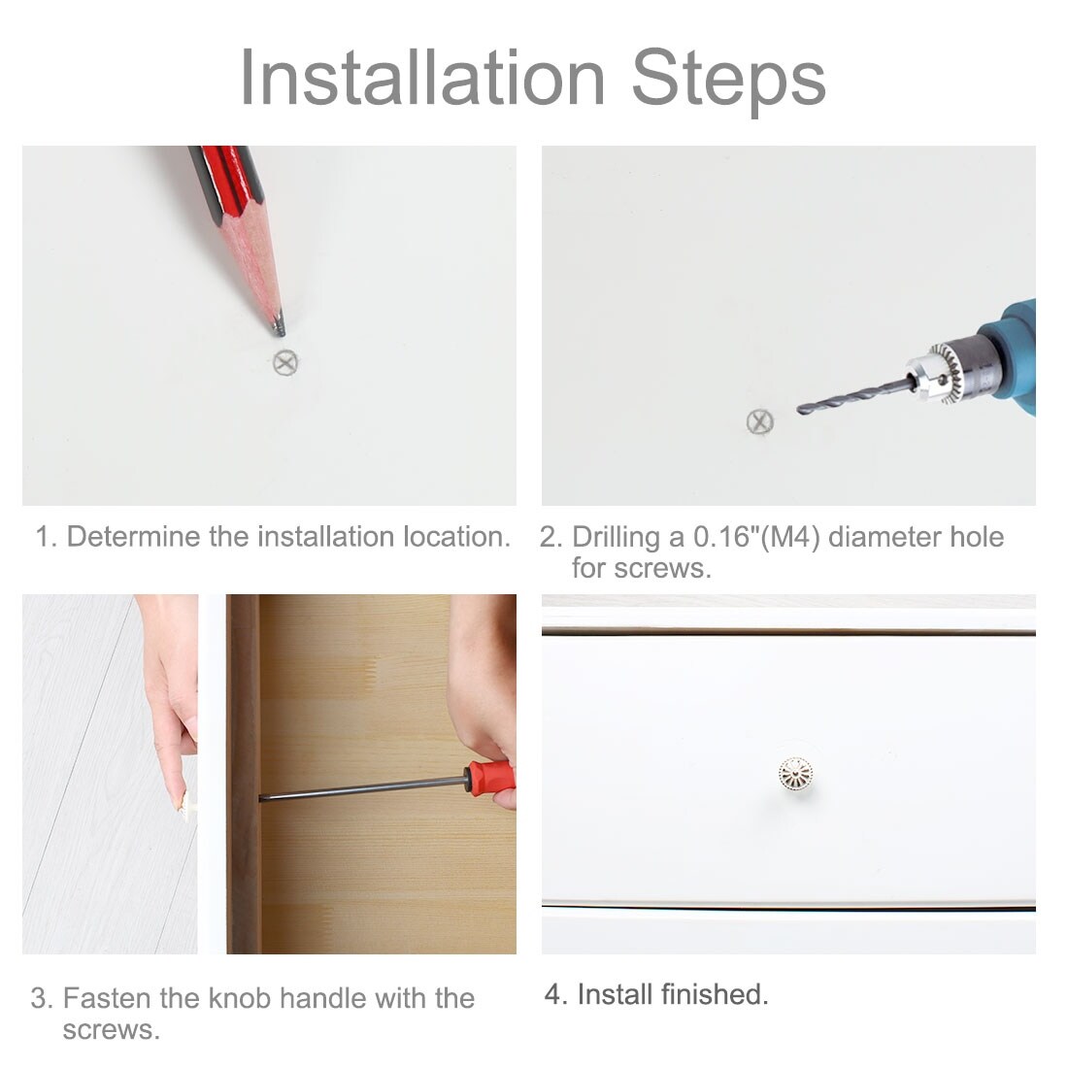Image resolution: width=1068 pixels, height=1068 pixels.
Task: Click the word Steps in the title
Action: (728, 82)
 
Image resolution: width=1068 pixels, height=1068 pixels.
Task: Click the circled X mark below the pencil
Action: (285, 362)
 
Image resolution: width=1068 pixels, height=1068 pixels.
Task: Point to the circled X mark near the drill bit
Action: (759, 421)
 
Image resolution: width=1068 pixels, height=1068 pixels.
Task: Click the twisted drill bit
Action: (854, 397)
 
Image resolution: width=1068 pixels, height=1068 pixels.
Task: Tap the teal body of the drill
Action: (1014, 354)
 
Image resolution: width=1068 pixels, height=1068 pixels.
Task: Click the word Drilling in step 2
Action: (616, 538)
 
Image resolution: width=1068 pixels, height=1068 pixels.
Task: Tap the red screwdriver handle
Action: (489, 778)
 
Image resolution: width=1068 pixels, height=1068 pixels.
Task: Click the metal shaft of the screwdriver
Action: (362, 788)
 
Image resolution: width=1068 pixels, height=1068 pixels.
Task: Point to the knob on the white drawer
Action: (795, 774)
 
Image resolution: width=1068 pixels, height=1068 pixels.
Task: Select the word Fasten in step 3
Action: (108, 998)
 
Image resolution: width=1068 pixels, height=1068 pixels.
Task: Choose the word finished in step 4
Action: (715, 994)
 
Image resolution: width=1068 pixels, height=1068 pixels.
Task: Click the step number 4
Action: (553, 994)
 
